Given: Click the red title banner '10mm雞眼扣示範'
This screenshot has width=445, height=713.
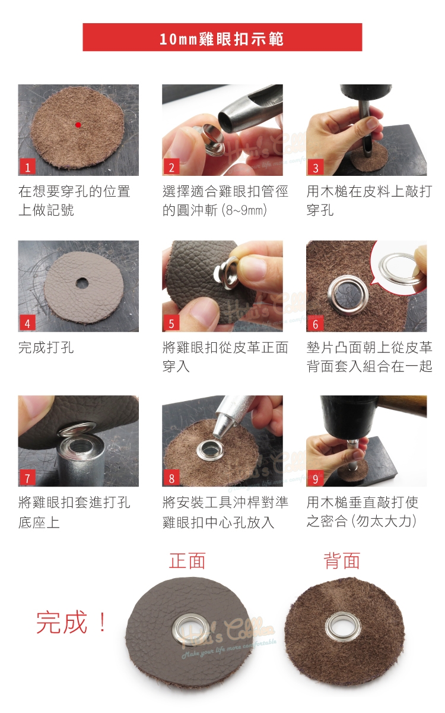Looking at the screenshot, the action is [x=222, y=37].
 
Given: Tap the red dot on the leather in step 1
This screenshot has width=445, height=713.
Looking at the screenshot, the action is [x=78, y=125].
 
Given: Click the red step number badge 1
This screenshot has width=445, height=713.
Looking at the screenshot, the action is [x=28, y=167].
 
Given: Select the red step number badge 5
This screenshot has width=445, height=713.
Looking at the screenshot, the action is [x=171, y=323].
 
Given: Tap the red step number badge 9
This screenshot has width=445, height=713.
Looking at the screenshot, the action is [x=315, y=478].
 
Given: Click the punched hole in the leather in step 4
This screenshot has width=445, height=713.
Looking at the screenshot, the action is [x=82, y=283].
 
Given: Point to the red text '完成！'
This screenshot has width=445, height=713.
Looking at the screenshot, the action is [x=72, y=621].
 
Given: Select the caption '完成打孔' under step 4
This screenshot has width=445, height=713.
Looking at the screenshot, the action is [x=46, y=347].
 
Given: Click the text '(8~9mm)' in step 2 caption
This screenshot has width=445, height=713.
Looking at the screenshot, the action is [x=244, y=210].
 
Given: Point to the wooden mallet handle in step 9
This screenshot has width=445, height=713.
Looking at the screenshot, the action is [x=402, y=406].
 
